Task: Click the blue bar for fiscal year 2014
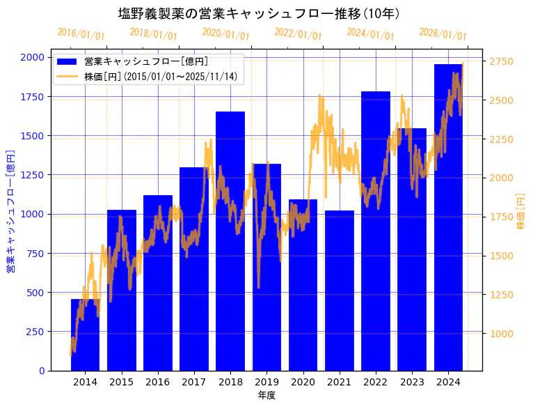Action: click(85, 335)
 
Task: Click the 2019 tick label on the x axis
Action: click(266, 382)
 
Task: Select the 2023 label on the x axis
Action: click(412, 382)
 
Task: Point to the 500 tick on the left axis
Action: click(35, 292)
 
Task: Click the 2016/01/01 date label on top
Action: click(81, 34)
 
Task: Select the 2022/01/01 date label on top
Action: click(299, 34)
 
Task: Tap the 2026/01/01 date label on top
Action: click(443, 34)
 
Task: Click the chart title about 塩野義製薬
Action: click(259, 14)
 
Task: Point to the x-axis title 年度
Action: click(266, 395)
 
